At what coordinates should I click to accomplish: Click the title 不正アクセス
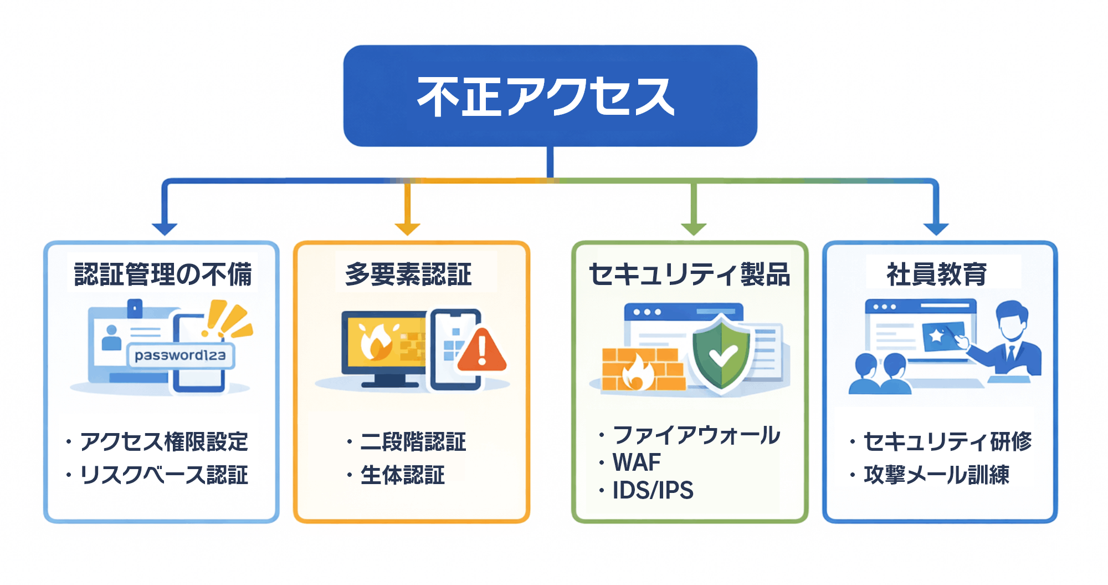point(546,96)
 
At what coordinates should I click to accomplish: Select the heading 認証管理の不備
point(163,274)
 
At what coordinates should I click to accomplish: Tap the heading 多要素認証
point(408,274)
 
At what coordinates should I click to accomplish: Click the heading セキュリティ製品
point(689,274)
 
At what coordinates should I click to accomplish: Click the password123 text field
point(181,355)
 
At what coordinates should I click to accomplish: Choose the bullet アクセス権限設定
point(164,442)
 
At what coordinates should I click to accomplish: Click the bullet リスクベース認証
point(164,475)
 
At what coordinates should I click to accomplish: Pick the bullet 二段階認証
point(413,442)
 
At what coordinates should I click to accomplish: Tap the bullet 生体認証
point(403,475)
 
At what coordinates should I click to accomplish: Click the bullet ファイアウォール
point(696,435)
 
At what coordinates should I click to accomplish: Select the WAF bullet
point(637,462)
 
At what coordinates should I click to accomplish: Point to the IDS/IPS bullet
point(653,490)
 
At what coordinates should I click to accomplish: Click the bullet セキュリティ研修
point(947,442)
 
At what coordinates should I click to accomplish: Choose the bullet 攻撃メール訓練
point(936,475)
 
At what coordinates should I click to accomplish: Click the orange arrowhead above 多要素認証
point(407,228)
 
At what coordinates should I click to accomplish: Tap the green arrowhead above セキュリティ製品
point(694,228)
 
